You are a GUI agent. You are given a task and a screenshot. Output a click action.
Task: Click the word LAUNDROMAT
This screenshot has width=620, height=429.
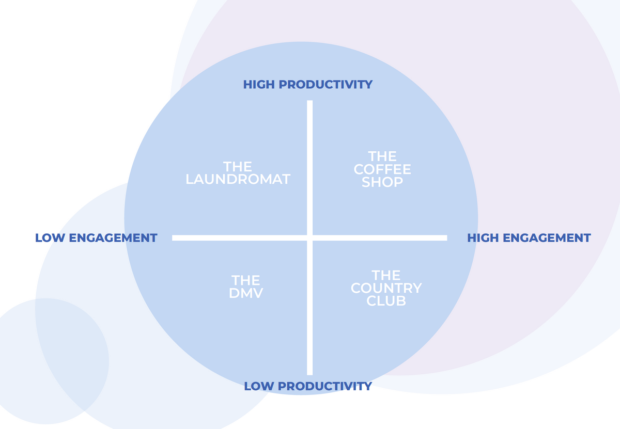(238, 179)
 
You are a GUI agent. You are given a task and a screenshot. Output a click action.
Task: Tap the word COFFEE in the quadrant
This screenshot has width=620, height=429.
(382, 169)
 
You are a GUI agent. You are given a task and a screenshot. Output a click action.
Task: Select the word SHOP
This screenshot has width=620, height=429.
(382, 182)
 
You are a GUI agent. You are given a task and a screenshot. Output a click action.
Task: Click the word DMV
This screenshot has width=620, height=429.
(246, 293)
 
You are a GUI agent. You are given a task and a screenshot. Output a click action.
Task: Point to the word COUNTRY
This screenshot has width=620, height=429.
(386, 288)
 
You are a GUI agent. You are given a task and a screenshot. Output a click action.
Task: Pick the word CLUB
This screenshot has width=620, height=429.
(386, 300)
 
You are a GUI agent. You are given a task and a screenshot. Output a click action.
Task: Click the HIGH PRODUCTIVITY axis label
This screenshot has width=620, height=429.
(308, 84)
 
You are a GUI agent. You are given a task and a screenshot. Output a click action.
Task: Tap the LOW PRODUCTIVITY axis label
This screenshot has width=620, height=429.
(308, 386)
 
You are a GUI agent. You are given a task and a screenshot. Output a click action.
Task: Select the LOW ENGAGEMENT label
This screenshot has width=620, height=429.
(96, 238)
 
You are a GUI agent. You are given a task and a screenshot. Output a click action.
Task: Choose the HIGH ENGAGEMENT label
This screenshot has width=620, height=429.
(529, 238)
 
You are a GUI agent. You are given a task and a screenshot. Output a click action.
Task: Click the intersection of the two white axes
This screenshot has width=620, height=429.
(309, 238)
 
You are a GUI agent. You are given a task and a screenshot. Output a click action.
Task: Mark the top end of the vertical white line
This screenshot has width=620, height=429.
(309, 101)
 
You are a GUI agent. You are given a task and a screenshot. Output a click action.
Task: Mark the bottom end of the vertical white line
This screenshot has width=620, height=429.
(309, 375)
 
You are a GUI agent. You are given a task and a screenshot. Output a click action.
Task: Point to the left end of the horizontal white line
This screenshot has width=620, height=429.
(173, 238)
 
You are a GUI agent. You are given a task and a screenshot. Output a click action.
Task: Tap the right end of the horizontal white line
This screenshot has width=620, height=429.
(447, 238)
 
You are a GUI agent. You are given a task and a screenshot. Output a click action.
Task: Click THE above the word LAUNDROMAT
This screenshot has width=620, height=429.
(238, 167)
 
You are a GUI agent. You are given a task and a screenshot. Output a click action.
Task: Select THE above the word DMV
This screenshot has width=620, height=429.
(246, 280)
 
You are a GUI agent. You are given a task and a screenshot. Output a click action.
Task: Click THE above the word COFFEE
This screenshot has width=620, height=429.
(382, 156)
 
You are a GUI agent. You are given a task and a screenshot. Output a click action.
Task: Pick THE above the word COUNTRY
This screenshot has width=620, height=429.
(386, 275)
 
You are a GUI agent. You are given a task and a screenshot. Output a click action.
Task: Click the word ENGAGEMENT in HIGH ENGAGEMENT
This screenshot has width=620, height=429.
(547, 238)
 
